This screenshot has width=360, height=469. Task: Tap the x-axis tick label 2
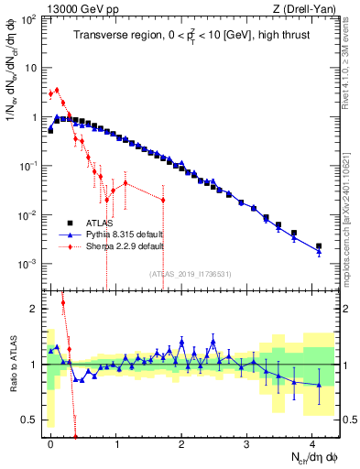coord(181,442)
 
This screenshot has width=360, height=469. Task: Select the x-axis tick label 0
coord(50,442)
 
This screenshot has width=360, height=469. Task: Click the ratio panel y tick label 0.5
coord(31,420)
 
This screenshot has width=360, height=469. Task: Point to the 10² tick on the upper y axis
coord(28,19)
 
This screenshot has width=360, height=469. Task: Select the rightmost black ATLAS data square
coord(319,246)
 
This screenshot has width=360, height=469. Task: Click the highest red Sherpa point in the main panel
coord(57,90)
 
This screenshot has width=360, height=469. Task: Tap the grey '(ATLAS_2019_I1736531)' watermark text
coord(189,274)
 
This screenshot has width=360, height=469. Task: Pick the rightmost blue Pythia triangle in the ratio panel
coord(319,385)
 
